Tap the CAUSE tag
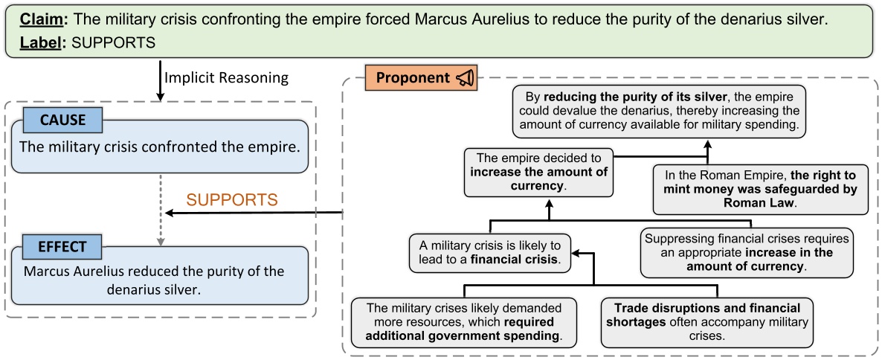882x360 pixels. (x=63, y=120)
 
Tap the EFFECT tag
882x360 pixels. (x=63, y=246)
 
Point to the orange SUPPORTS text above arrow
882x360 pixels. (x=231, y=200)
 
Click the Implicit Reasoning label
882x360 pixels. (x=225, y=77)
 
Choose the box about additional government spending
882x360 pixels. (x=466, y=321)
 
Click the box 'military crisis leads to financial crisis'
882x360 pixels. (x=489, y=253)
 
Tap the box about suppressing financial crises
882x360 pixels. (x=747, y=253)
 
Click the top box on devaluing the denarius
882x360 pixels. (x=659, y=112)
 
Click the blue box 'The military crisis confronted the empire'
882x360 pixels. (x=159, y=147)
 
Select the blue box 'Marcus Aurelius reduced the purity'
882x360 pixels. (x=159, y=277)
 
